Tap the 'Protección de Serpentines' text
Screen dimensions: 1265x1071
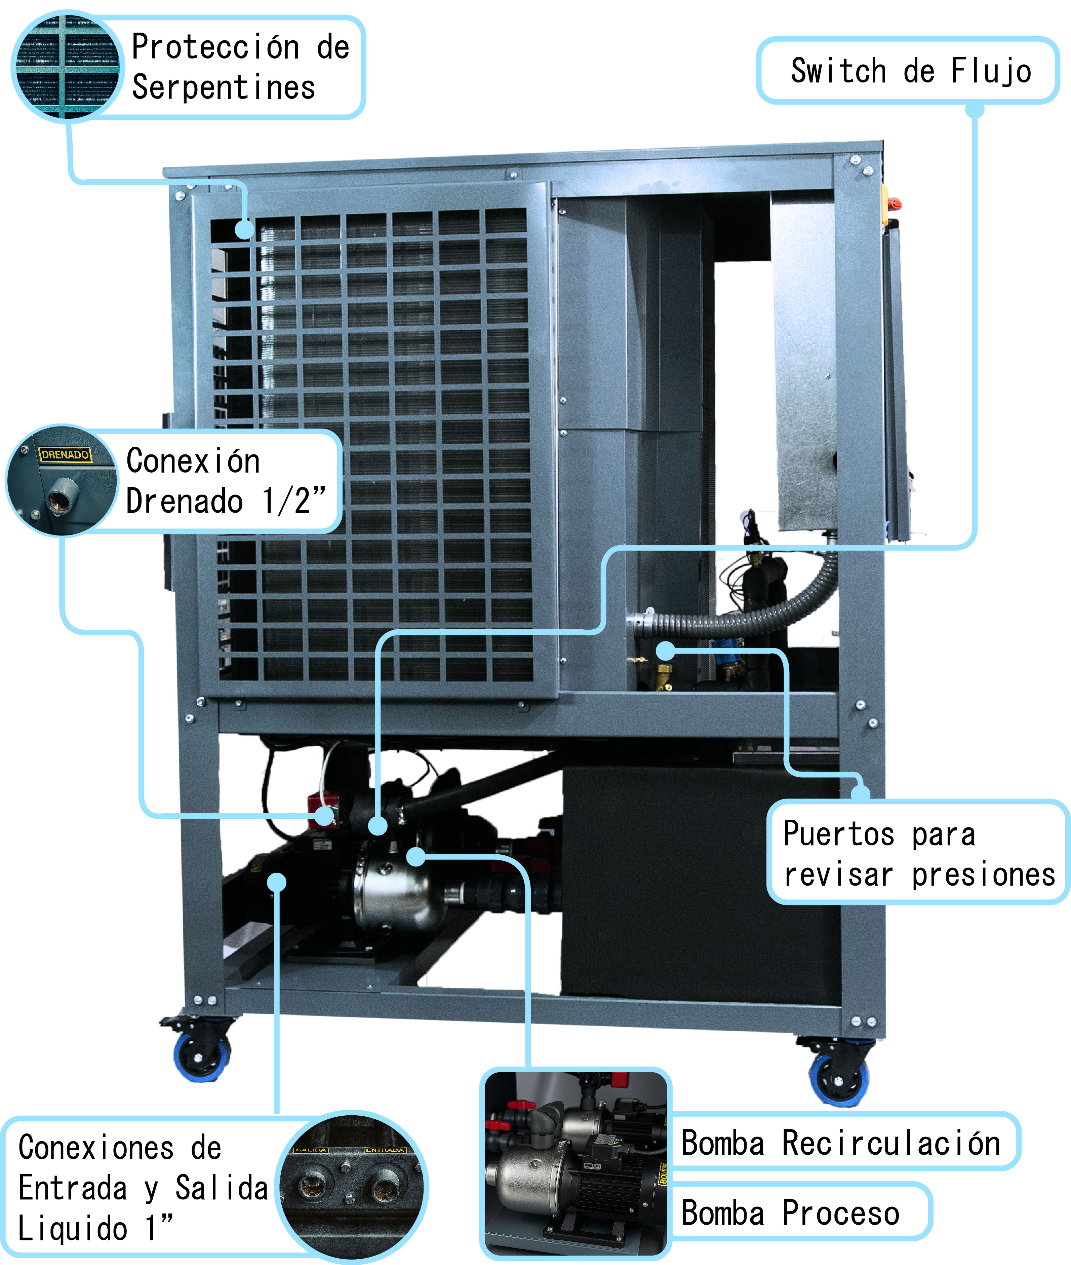[x=240, y=67]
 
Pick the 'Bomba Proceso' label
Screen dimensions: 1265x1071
[x=789, y=1213]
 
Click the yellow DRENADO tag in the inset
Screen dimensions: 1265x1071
[x=65, y=454]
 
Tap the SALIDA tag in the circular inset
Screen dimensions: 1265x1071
[x=312, y=1150]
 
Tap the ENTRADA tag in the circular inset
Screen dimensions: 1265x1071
[x=385, y=1150]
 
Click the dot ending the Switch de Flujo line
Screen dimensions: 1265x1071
[x=378, y=825]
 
